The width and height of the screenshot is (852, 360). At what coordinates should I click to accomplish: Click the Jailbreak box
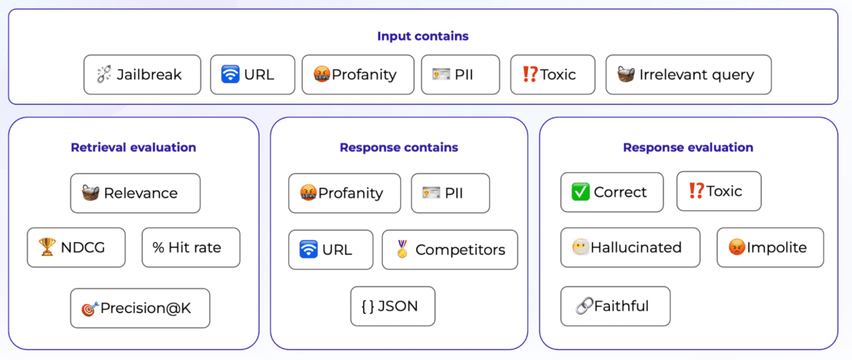pyautogui.click(x=142, y=75)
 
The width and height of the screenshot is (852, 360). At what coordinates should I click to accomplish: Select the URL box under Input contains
pyautogui.click(x=252, y=75)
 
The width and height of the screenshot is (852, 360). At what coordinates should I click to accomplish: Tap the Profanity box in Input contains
pyautogui.click(x=357, y=75)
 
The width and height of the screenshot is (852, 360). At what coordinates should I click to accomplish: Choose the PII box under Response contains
pyautogui.click(x=450, y=193)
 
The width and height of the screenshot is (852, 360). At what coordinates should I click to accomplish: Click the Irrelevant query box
pyautogui.click(x=688, y=75)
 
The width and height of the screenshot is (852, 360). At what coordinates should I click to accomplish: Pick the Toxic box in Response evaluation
pyautogui.click(x=719, y=191)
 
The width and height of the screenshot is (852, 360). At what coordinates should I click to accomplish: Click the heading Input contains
pyautogui.click(x=422, y=36)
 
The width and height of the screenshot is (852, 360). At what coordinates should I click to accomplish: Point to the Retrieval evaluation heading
pyautogui.click(x=133, y=148)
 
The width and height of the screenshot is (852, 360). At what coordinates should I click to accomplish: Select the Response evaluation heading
pyautogui.click(x=688, y=148)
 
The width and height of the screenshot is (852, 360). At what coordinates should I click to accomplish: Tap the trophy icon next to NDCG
pyautogui.click(x=47, y=248)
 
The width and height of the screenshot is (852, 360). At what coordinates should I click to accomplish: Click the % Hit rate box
pyautogui.click(x=190, y=248)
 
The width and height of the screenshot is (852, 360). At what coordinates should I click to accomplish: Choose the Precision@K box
pyautogui.click(x=140, y=308)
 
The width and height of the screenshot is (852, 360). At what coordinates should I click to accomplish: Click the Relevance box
pyautogui.click(x=135, y=193)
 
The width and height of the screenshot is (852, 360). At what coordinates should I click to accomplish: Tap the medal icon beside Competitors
pyautogui.click(x=402, y=249)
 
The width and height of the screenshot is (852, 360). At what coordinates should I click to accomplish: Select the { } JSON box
pyautogui.click(x=392, y=306)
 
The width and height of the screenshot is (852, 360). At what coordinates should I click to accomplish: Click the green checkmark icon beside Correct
pyautogui.click(x=580, y=192)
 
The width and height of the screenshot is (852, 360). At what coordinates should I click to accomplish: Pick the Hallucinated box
pyautogui.click(x=630, y=248)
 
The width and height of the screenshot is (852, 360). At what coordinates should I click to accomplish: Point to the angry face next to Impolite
pyautogui.click(x=737, y=248)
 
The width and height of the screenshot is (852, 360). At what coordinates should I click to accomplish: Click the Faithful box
pyautogui.click(x=615, y=306)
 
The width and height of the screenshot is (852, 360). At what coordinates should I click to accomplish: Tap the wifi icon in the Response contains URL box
pyautogui.click(x=309, y=250)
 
